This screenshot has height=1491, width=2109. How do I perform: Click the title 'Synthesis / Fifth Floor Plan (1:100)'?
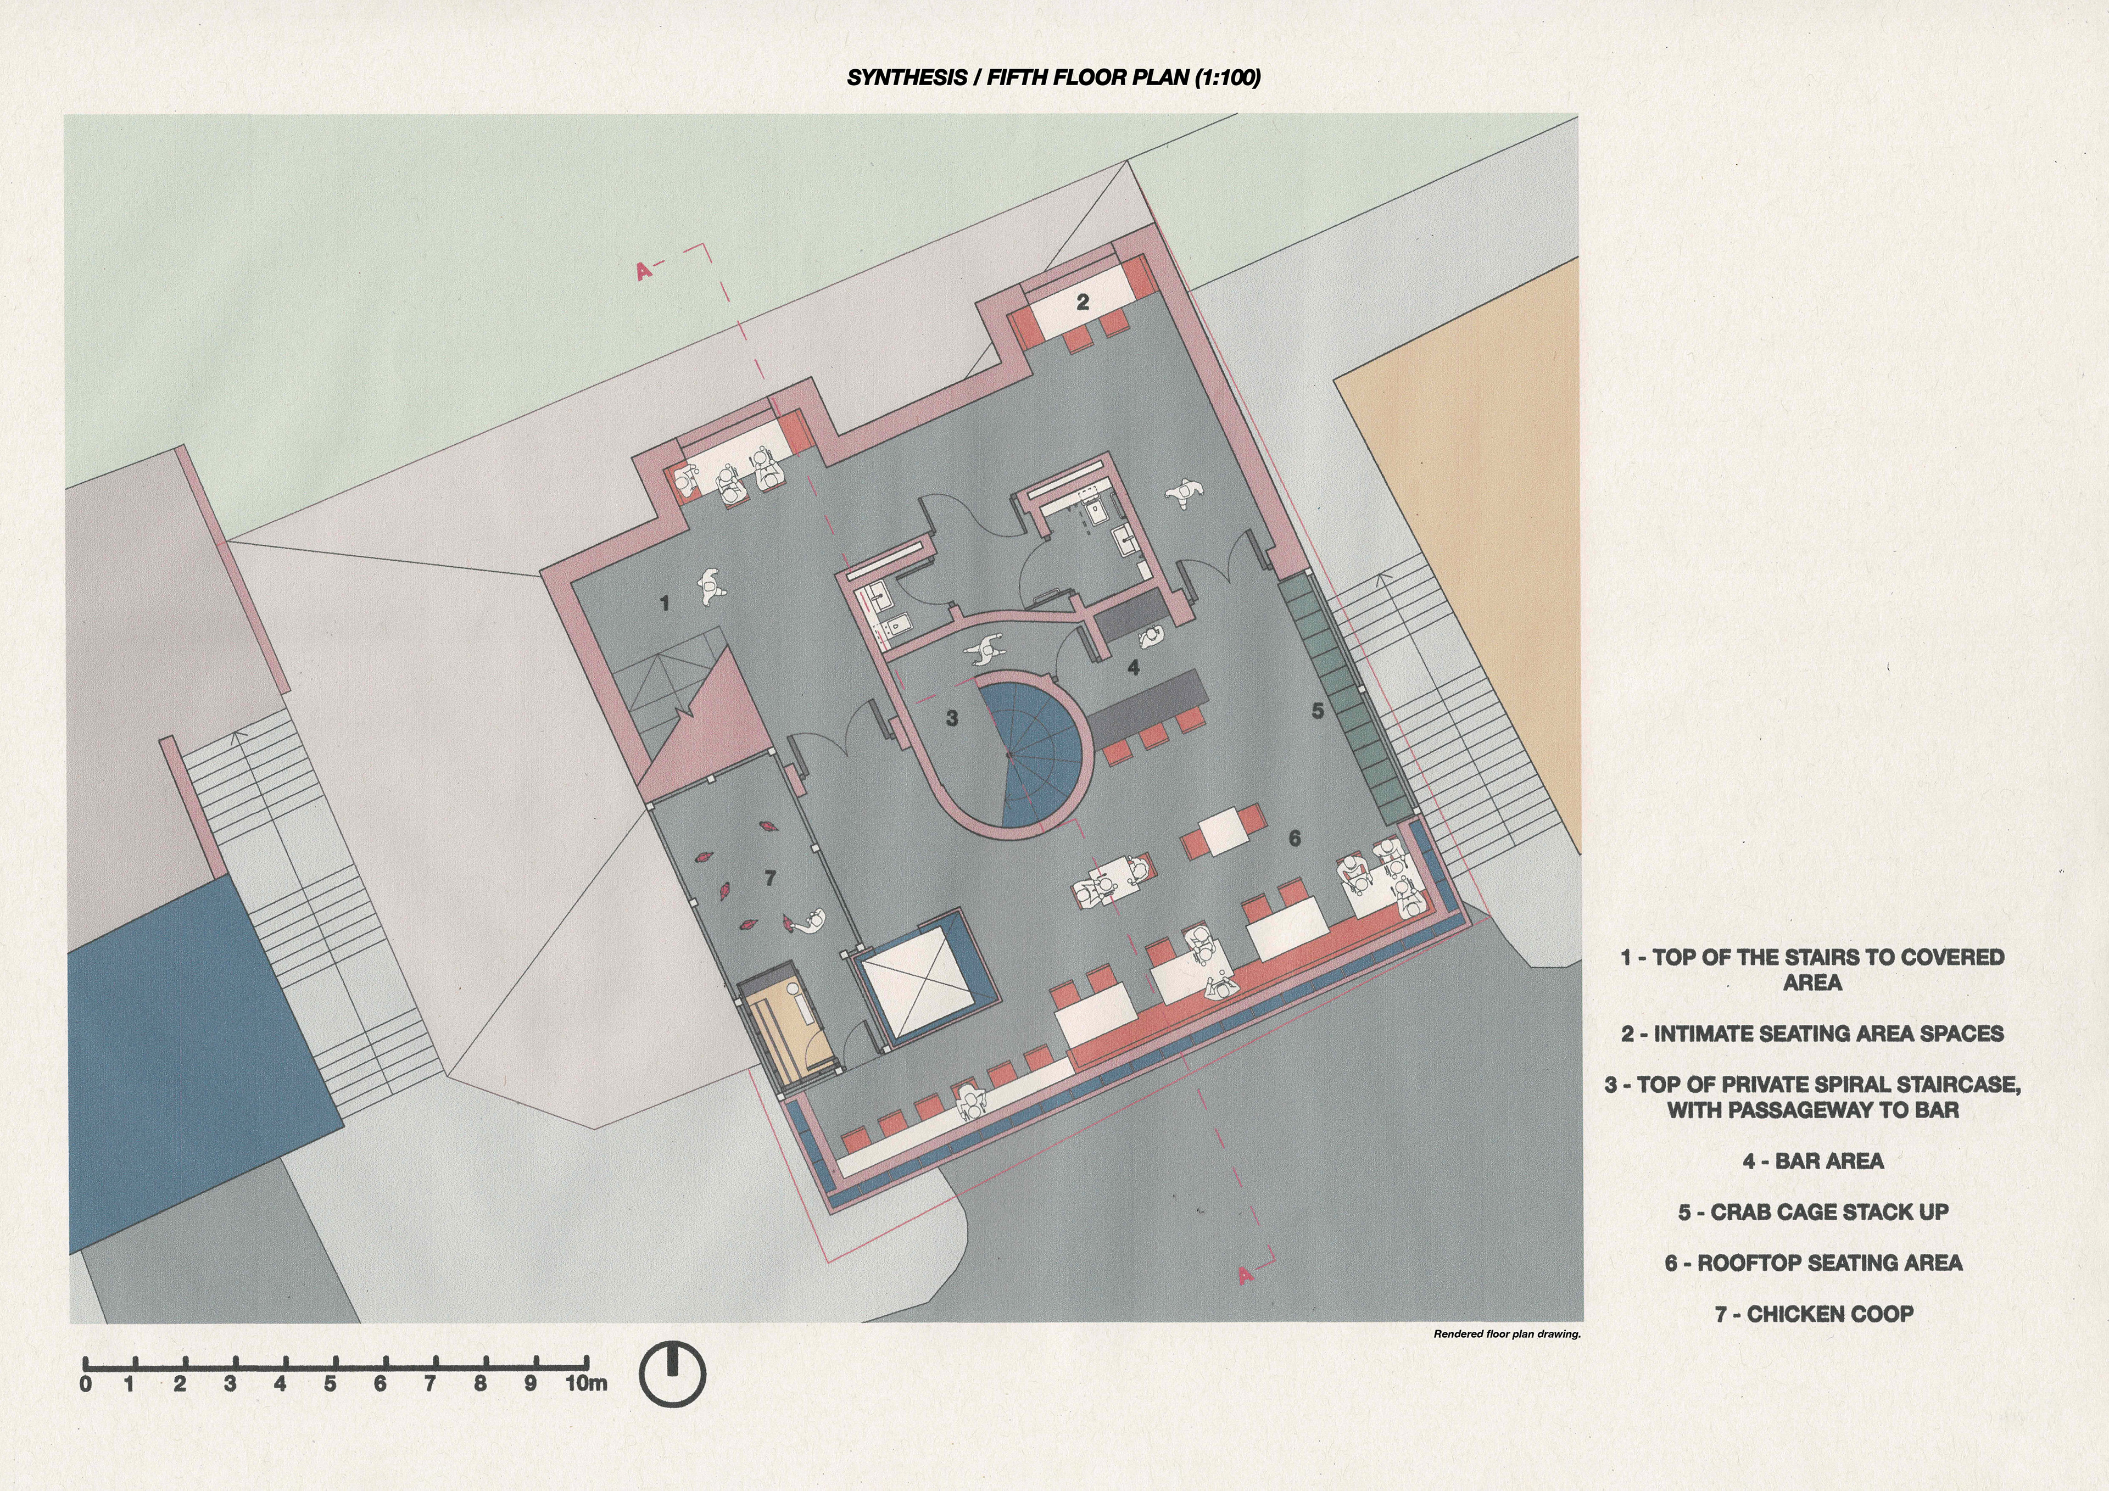tap(1053, 77)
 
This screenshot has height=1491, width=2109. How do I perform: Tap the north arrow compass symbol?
tap(672, 1375)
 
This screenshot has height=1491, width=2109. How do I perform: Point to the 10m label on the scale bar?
tap(585, 1383)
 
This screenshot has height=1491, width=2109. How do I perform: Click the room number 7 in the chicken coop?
tap(771, 878)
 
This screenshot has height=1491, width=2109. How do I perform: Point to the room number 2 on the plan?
tap(1082, 301)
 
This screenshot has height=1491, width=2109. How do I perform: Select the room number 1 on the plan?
tap(664, 604)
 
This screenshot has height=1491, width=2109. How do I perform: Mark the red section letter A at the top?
tap(644, 270)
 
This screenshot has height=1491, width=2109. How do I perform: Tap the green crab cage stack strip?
tap(1345, 695)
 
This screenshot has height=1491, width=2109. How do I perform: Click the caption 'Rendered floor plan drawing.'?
tap(1507, 1334)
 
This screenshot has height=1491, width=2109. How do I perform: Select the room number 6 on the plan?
tap(1295, 838)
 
